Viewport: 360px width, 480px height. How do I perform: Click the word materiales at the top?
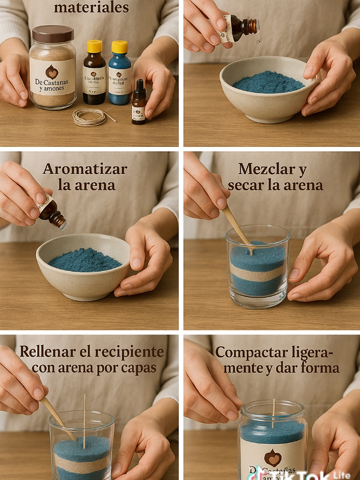coord(91,7)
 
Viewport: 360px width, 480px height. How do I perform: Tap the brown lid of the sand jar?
coord(52,34)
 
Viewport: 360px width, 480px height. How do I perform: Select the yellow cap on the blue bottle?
coord(119,46)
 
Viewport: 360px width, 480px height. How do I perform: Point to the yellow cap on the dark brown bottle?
coord(94,46)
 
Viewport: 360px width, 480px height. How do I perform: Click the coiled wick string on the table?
coord(90,117)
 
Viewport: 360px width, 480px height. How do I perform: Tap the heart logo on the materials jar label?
coord(52,72)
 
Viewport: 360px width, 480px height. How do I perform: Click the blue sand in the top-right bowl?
coord(269,82)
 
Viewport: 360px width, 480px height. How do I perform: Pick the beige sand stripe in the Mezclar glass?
coord(258,273)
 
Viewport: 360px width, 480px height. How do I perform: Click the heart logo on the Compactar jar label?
coord(272,457)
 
